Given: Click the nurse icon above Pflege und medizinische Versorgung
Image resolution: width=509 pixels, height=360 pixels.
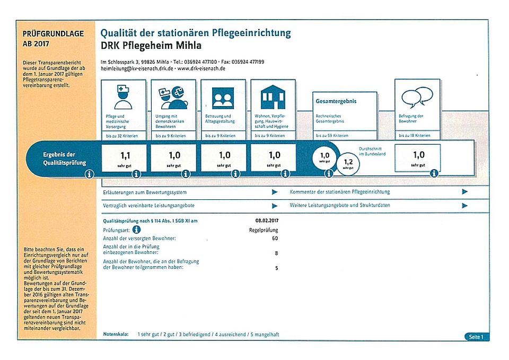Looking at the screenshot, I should (122, 97).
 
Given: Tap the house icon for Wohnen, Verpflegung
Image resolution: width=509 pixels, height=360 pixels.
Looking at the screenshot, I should (274, 97).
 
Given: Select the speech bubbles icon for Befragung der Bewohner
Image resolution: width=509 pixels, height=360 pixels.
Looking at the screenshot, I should (417, 97).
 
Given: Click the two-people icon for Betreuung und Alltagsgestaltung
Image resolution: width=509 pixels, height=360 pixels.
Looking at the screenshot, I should (223, 98).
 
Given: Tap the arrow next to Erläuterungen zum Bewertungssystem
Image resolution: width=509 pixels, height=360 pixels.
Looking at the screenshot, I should (275, 192).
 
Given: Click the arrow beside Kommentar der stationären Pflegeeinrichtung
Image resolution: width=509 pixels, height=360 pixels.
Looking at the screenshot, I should (465, 192).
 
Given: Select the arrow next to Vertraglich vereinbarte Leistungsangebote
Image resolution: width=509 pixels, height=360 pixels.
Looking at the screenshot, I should (275, 205).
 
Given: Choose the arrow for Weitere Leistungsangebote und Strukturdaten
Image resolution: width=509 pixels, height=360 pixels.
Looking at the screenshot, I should (465, 205).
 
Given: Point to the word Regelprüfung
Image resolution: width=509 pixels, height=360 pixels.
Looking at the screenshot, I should (264, 230).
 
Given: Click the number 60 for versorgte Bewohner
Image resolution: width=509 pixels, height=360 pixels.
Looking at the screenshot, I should (275, 239).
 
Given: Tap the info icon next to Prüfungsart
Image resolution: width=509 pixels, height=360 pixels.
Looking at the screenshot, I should (136, 230).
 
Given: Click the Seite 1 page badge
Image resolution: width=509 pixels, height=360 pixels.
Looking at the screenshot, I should (476, 337).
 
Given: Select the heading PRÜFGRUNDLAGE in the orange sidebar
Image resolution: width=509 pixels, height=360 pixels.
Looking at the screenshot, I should (53, 34).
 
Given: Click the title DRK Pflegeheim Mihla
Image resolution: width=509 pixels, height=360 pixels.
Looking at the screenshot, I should (151, 46).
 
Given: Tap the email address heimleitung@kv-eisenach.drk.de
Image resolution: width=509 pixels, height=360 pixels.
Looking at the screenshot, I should (137, 69).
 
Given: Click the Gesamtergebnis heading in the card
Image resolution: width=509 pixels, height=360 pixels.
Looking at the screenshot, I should (336, 101).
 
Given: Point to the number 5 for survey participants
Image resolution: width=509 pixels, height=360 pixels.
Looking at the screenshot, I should (276, 268).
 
